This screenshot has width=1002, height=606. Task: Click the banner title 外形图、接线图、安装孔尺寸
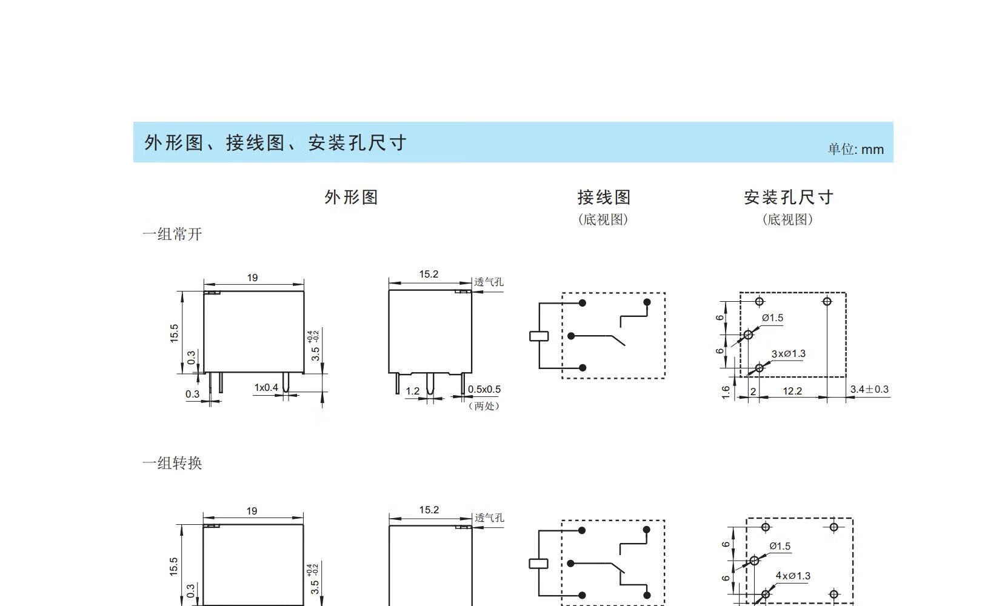[275, 143]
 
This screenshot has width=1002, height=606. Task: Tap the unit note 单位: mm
[855, 150]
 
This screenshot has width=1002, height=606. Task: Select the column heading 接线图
[604, 197]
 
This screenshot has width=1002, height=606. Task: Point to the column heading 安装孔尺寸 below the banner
[788, 197]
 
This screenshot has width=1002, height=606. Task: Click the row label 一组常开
[172, 235]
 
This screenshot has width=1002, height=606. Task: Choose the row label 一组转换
[172, 464]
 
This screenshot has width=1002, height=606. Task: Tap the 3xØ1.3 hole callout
[788, 354]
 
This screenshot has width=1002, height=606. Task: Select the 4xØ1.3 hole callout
[792, 576]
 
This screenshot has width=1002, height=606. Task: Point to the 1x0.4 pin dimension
[266, 387]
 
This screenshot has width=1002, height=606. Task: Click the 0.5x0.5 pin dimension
[484, 390]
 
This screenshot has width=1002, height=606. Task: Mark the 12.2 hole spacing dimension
[792, 391]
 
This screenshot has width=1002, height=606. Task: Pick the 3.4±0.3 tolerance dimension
[869, 390]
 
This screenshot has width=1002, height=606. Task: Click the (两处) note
[484, 406]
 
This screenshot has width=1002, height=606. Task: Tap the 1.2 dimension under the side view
[412, 391]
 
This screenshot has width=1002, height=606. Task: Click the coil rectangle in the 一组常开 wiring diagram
[538, 336]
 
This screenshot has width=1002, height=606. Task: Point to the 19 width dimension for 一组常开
[252, 278]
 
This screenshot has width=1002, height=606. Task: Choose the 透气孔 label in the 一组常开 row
[489, 282]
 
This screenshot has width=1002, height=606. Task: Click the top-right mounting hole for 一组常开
[827, 301]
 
